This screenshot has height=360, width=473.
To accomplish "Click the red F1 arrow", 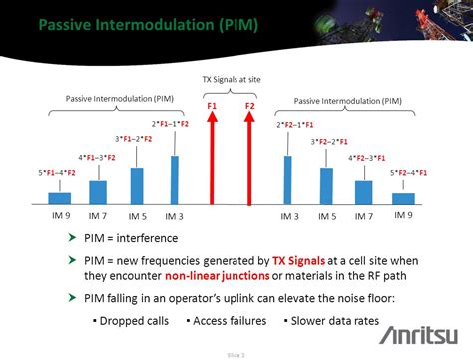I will (x=212, y=160).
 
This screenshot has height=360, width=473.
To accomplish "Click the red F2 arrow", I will (x=249, y=160).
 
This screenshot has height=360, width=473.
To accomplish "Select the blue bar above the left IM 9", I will (x=61, y=198).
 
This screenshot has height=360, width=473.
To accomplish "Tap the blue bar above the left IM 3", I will (x=176, y=180).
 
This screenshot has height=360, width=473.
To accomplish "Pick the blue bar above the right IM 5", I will (x=326, y=185).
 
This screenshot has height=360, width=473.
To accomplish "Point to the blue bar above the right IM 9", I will (x=403, y=198).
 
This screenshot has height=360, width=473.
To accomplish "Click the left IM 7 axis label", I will (x=97, y=216).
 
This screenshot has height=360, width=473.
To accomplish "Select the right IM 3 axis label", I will (x=289, y=216).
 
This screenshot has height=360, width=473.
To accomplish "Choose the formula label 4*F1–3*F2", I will (x=97, y=157).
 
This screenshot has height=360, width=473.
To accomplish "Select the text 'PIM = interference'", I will (x=131, y=238).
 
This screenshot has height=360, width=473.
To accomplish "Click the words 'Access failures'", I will (x=230, y=320).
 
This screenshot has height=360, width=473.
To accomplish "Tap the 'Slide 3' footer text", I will (x=236, y=353).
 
